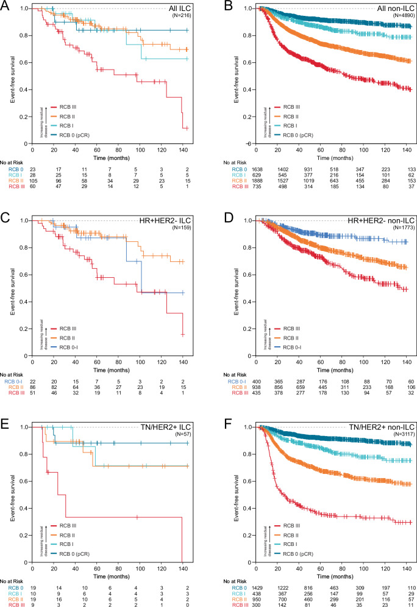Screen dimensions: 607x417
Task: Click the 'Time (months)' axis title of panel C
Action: tap(109, 351)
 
